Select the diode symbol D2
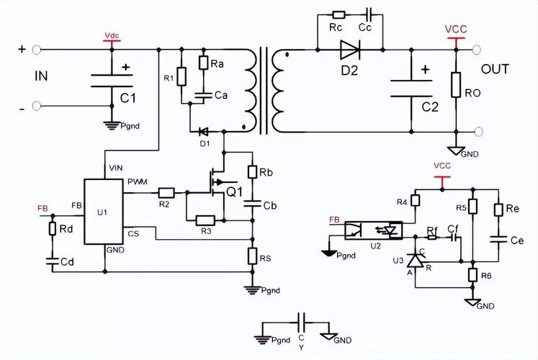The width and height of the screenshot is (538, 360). (x=350, y=50)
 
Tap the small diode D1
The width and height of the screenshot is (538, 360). (x=204, y=131)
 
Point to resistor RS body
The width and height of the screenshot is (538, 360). (x=253, y=256)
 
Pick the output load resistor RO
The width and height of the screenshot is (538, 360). (x=456, y=85)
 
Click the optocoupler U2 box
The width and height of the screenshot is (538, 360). (x=373, y=230)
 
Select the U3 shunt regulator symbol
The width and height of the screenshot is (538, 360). (x=415, y=260)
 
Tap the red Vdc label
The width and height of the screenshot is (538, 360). (x=112, y=36)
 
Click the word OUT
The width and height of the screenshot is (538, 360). (x=495, y=69)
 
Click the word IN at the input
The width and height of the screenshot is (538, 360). (x=41, y=76)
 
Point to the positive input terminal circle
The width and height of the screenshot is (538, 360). (x=36, y=50)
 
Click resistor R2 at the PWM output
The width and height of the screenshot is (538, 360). (x=166, y=193)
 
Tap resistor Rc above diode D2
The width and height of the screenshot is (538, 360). (x=339, y=14)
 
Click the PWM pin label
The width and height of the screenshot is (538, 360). (x=138, y=181)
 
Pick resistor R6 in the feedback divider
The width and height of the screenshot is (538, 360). (x=472, y=275)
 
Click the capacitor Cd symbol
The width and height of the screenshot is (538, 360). (x=53, y=261)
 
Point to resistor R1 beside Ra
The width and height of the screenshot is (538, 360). (x=181, y=76)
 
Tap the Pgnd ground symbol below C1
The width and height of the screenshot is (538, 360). (x=112, y=125)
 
